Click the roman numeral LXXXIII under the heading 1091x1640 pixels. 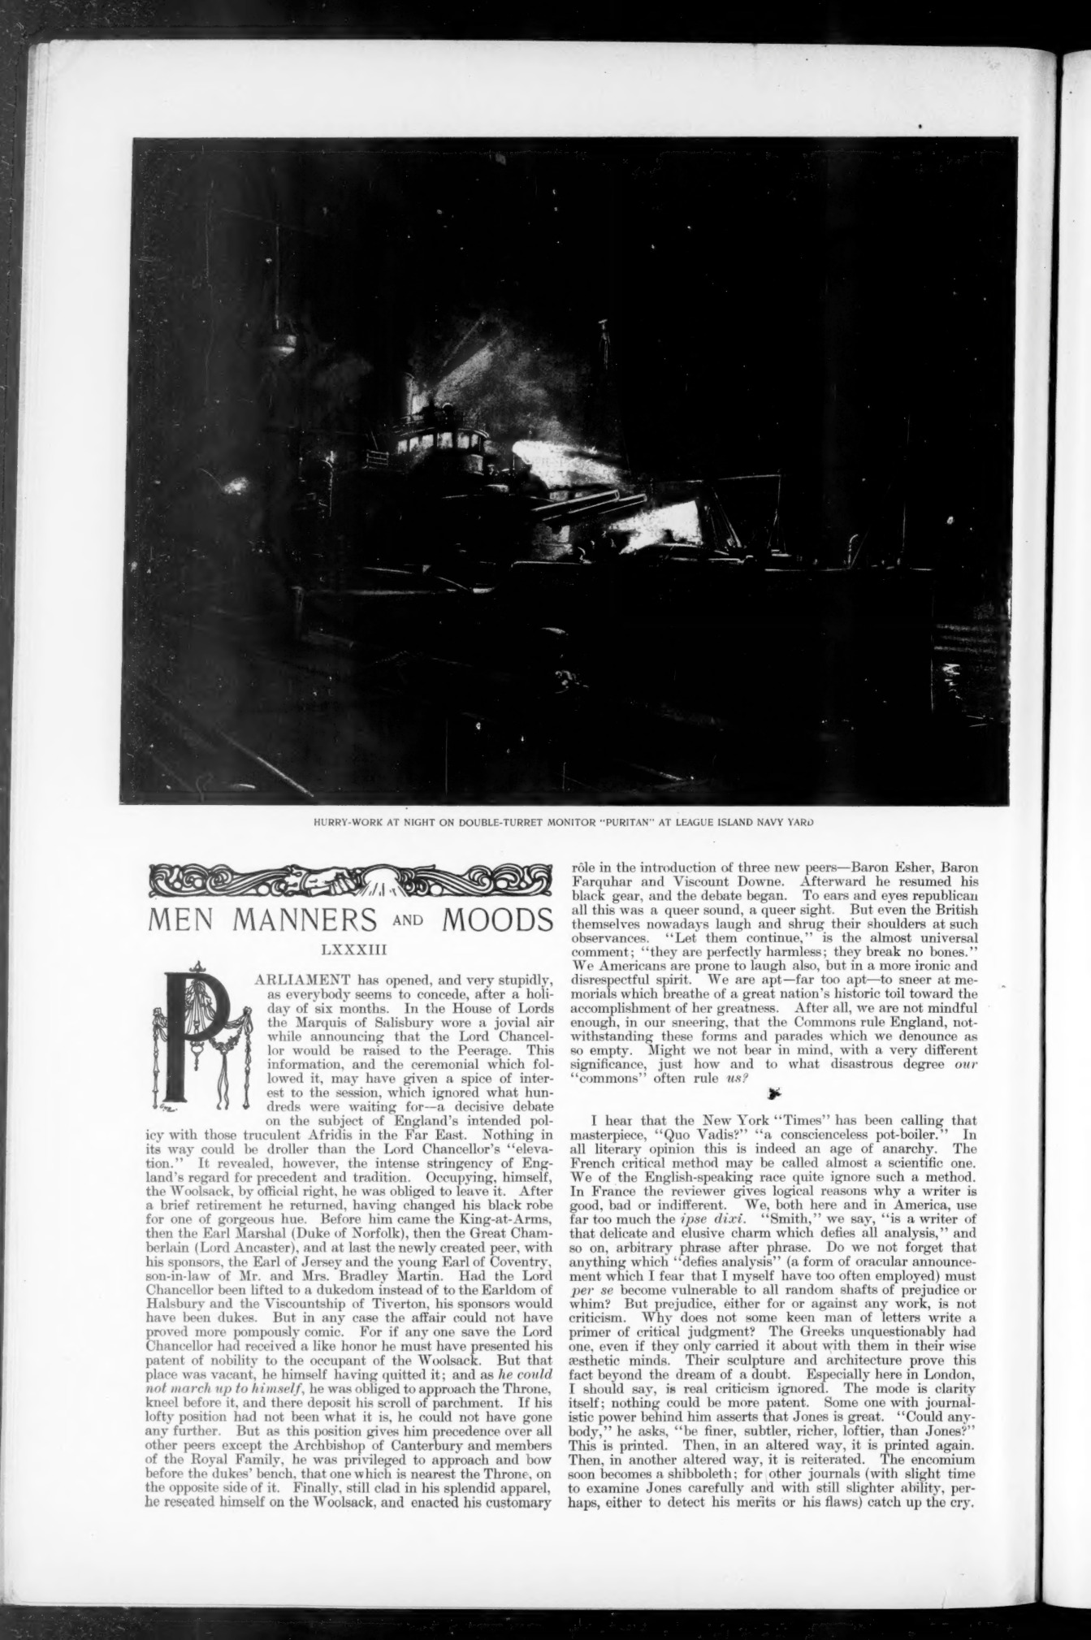(x=349, y=946)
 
